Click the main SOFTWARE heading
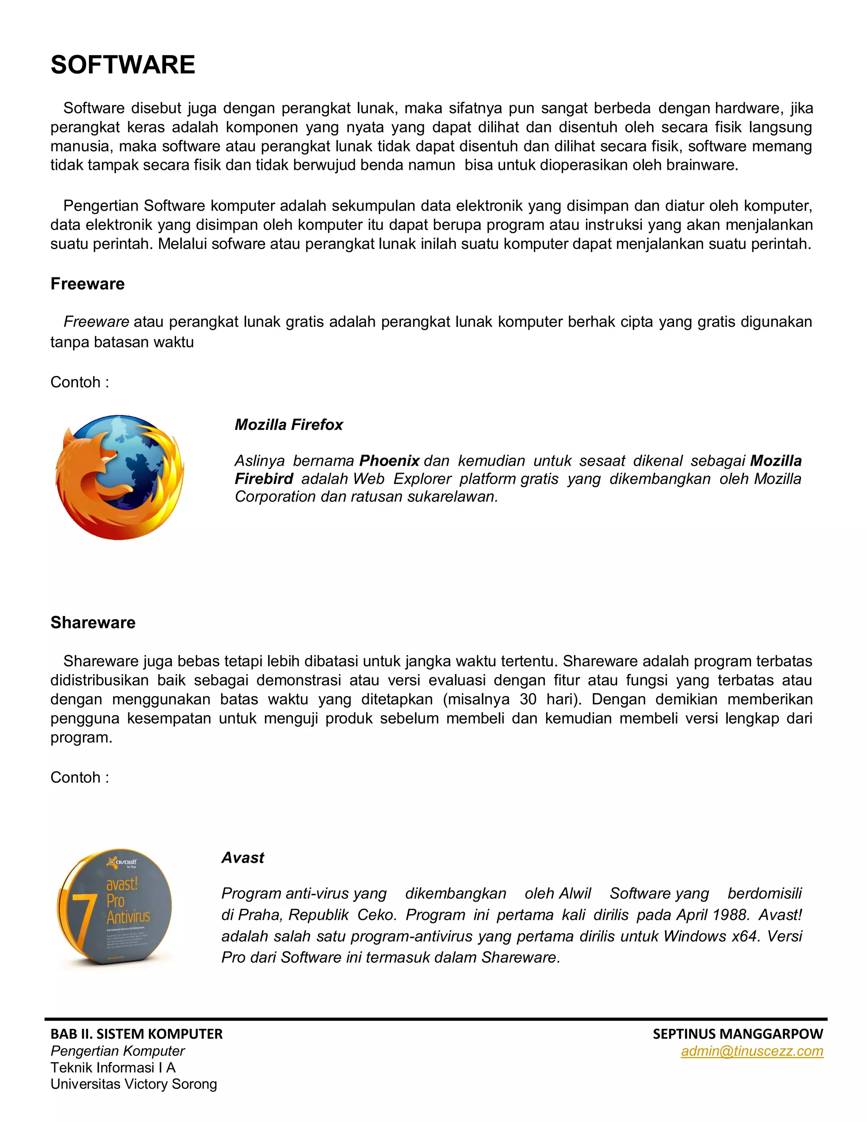click(x=123, y=65)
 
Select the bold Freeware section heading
click(x=87, y=284)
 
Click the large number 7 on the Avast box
click(x=82, y=920)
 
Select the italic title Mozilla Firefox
click(x=289, y=424)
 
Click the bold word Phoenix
click(x=389, y=460)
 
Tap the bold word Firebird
click(x=263, y=478)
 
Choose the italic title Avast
click(x=243, y=857)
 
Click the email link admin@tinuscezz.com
click(x=751, y=1051)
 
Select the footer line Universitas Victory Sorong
click(x=133, y=1084)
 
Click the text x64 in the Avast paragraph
click(x=745, y=936)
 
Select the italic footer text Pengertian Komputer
click(x=118, y=1051)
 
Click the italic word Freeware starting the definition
click(x=96, y=322)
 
